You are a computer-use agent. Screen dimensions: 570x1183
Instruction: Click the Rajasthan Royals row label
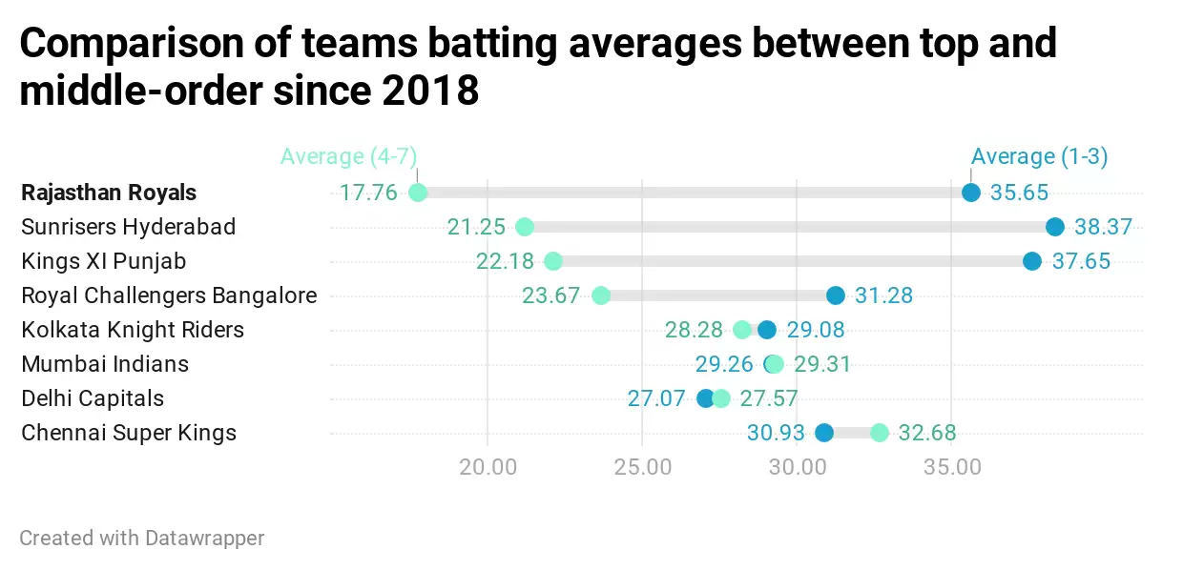pos(109,193)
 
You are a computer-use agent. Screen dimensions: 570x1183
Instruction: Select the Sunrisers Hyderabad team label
pos(128,227)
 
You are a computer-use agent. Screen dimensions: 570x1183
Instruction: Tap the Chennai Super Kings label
pos(128,433)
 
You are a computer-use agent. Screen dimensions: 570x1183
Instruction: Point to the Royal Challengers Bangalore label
pos(169,295)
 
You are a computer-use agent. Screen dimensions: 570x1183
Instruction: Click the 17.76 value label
pos(368,193)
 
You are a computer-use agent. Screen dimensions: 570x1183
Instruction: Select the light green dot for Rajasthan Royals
pos(418,193)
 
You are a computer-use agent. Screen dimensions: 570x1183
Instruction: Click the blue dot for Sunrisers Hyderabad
pos(1054,227)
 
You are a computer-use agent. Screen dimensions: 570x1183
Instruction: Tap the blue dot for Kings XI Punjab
pos(1032,261)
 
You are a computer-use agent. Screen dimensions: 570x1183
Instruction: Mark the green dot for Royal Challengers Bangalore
pos(601,295)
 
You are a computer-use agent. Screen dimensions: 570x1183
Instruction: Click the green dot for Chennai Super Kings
pos(880,433)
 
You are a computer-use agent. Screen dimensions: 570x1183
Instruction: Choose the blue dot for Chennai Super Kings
pos(824,433)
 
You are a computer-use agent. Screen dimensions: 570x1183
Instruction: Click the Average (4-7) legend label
pos(348,156)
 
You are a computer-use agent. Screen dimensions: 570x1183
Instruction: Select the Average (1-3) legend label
pos(1039,156)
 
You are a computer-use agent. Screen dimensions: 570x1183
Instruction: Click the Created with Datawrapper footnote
pos(141,538)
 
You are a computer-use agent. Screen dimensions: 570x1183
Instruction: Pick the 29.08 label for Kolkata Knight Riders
pos(816,330)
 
